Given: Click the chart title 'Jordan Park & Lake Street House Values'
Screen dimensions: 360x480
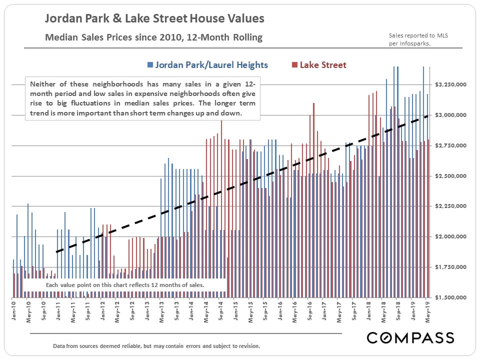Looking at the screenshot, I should tap(154, 19).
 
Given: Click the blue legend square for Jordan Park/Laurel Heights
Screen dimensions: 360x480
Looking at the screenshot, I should tap(150, 65).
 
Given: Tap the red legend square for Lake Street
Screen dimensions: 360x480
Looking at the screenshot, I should tap(294, 65).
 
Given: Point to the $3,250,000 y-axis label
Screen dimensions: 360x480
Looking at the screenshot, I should tap(451, 84).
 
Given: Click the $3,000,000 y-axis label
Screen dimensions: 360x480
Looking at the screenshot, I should tap(451, 115).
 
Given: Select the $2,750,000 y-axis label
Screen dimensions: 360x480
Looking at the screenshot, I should tap(451, 145).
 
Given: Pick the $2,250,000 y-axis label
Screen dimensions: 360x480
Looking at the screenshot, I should tap(451, 206).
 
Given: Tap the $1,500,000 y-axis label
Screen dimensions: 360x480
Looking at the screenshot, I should tap(451, 297).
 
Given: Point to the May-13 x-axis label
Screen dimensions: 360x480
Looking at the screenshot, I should tap(161, 310).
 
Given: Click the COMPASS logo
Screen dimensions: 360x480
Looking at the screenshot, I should tap(410, 337).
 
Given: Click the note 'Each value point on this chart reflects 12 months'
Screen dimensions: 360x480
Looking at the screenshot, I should tap(125, 285).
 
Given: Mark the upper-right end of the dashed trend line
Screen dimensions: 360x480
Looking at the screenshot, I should tap(428, 116).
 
